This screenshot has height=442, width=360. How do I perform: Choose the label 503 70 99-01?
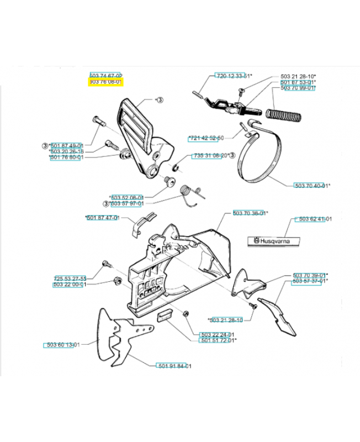click(x=298, y=88)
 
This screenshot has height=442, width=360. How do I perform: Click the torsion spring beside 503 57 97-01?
click(x=191, y=196)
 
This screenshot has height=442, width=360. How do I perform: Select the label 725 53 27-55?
click(x=70, y=278)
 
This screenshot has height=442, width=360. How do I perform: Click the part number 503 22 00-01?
click(x=70, y=285)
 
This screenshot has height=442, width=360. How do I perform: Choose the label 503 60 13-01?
click(x=62, y=345)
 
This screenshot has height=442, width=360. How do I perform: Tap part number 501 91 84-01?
click(x=173, y=366)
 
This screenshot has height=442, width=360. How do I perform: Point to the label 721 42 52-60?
click(x=206, y=138)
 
